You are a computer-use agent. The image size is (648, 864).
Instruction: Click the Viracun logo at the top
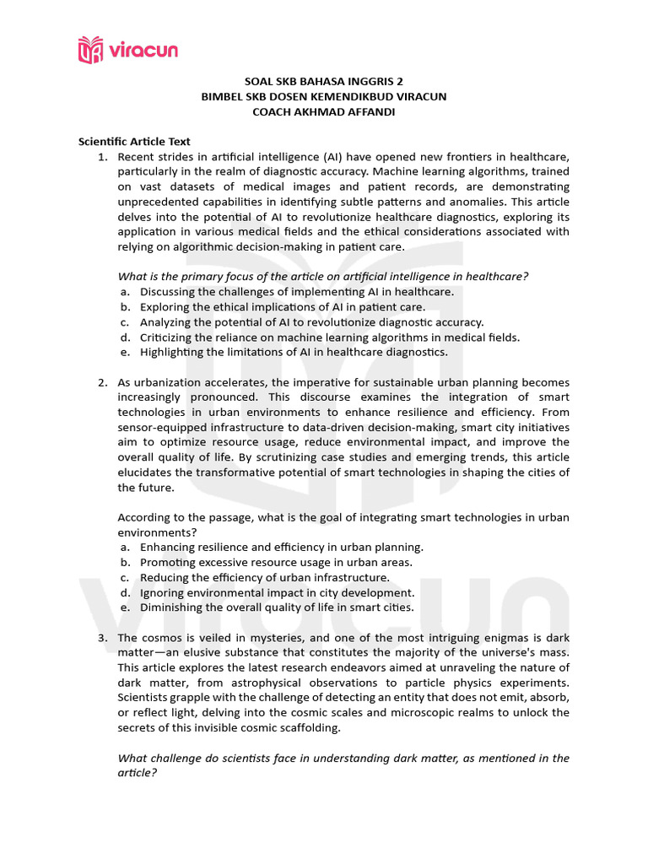[127, 49]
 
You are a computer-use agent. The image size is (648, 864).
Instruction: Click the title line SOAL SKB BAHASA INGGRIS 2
[323, 81]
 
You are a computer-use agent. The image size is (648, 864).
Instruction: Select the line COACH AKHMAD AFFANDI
[323, 111]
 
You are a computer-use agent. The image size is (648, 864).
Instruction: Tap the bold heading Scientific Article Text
[134, 142]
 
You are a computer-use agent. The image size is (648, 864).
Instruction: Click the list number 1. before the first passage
[103, 157]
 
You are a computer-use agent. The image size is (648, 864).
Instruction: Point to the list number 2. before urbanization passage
[103, 382]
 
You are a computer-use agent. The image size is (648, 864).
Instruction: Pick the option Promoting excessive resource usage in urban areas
[276, 562]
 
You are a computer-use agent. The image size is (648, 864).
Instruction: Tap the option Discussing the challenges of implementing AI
[296, 292]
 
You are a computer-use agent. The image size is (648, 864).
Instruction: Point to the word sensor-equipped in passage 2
[161, 427]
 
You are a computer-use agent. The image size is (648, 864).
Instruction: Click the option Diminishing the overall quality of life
[277, 607]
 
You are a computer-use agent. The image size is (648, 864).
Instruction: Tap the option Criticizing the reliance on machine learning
[330, 337]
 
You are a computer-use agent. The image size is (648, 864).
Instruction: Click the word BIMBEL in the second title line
[220, 96]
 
